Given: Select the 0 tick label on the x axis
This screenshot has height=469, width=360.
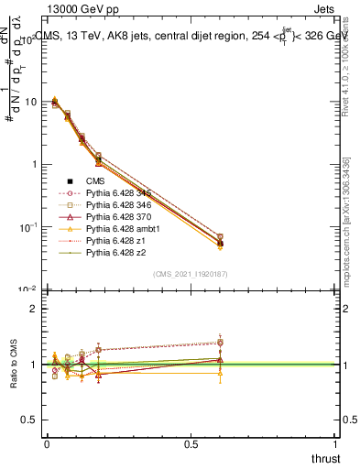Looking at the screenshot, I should pyautogui.click(x=46, y=443).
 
